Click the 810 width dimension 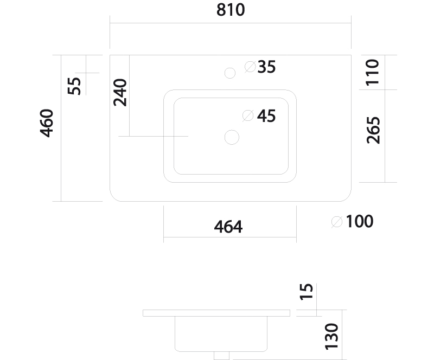coord(231,10)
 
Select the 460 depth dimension coord(47,123)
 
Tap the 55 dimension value coord(74,86)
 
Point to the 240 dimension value coord(120,92)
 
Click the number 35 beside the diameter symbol coord(266,67)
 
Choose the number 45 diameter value coord(266,116)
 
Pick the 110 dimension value coord(372,73)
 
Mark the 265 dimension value coord(373,130)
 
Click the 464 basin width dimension coord(228,227)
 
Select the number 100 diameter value coord(360,221)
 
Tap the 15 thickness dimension coord(306,292)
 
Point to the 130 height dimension coord(331,337)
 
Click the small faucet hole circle coord(230,73)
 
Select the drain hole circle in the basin coord(232,137)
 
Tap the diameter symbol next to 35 coord(250,67)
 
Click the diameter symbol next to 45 coord(248,115)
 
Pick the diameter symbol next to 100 coord(337,222)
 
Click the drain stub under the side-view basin coord(222,356)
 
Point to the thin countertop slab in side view coord(216,313)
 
